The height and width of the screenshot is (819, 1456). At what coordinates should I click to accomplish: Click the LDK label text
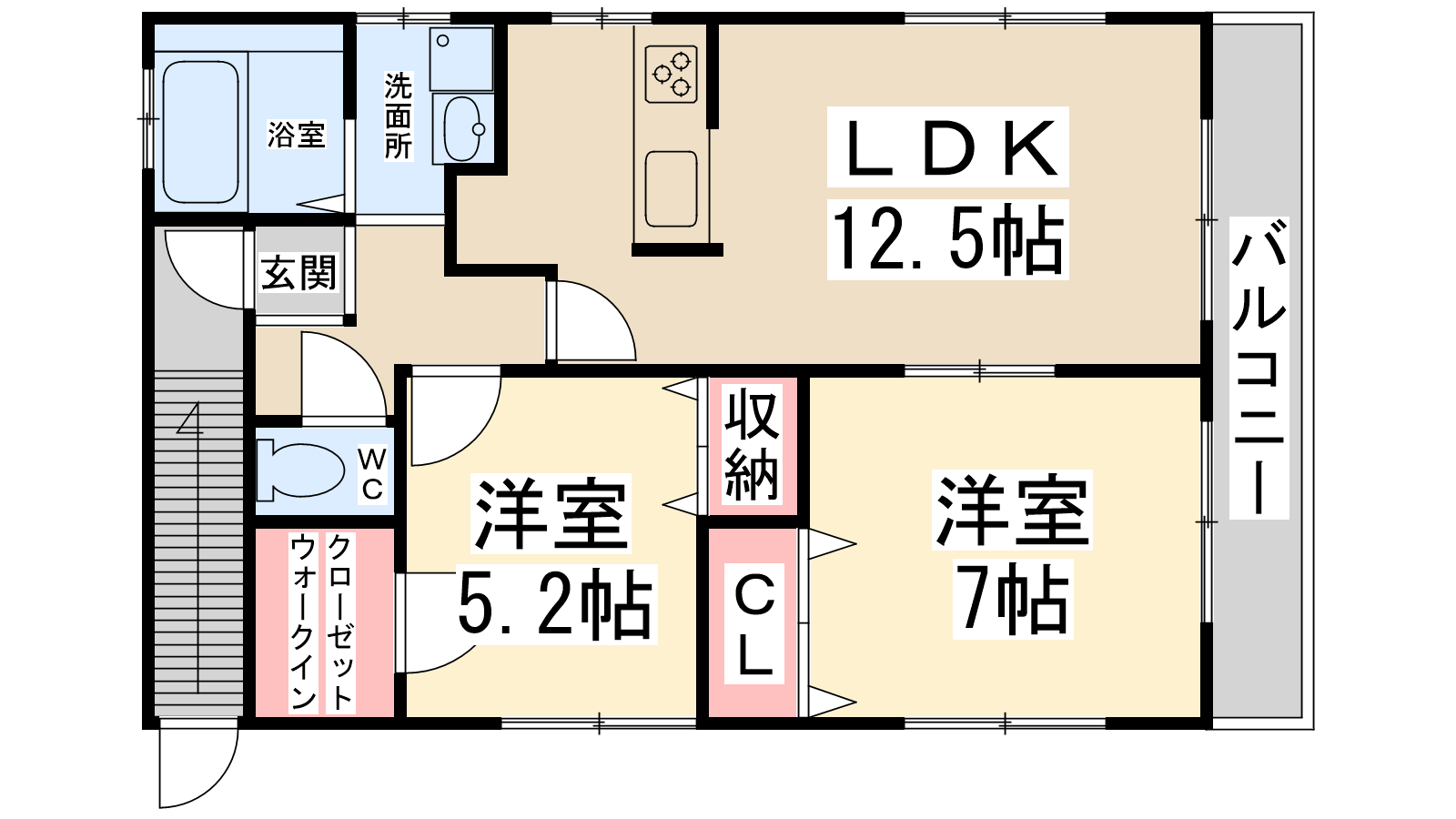947,147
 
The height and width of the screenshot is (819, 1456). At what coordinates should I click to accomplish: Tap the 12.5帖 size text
947,238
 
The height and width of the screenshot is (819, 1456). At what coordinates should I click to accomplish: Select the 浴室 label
296,136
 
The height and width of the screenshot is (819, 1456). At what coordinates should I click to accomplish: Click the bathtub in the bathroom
200,132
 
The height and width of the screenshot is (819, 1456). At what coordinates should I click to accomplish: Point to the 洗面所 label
398,116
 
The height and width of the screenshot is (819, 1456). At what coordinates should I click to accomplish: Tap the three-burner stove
672,74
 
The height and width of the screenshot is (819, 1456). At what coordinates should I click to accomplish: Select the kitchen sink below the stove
672,189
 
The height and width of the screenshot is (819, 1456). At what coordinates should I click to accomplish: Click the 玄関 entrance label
298,272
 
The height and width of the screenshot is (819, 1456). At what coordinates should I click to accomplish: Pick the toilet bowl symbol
301,470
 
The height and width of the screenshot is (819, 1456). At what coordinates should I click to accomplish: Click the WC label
372,474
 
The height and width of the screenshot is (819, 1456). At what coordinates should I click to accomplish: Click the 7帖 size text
1012,599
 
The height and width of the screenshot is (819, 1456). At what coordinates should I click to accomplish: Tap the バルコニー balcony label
1259,368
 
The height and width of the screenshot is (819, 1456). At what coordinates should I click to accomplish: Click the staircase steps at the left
198,545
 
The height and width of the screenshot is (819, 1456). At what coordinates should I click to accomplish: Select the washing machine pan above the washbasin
460,59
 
